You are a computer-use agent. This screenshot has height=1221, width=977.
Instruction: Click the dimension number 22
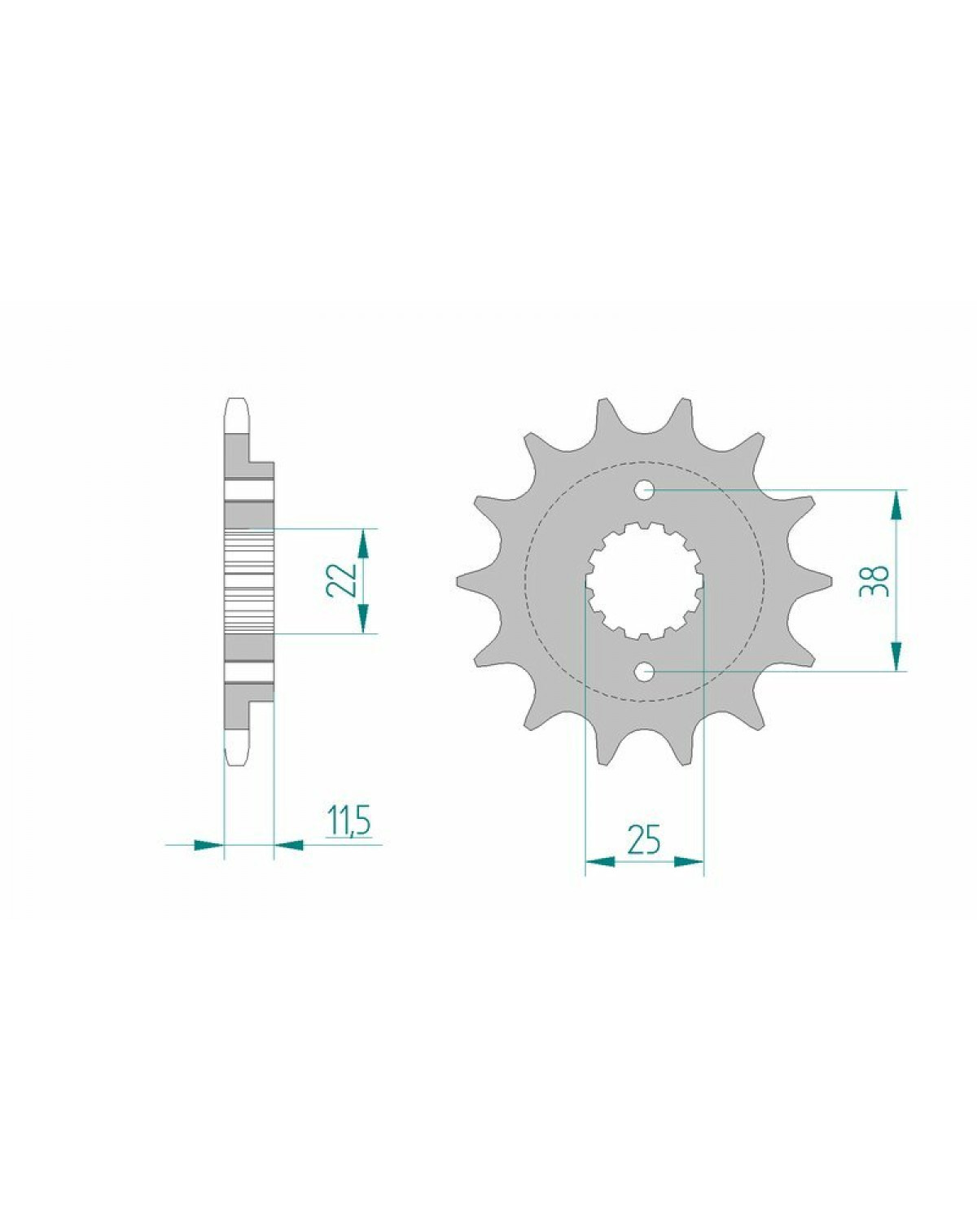pos(342,580)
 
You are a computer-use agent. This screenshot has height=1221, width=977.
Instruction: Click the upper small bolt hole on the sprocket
pos(644,490)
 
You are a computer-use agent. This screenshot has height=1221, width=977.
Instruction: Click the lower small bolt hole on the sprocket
pos(644,672)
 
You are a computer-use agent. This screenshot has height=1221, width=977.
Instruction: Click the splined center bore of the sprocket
pos(645,580)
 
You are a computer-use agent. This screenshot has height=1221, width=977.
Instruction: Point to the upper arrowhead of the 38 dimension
pos(896,505)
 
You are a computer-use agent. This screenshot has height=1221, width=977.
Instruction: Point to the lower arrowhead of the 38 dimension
pos(896,656)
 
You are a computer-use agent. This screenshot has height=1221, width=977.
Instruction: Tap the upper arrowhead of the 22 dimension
pos(364,544)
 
